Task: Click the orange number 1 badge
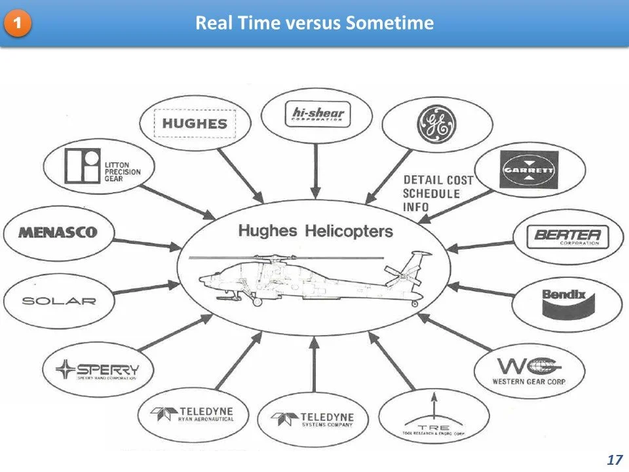click(x=18, y=24)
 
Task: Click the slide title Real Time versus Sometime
click(x=314, y=24)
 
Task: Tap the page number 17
click(x=614, y=460)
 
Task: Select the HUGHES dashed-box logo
click(x=195, y=123)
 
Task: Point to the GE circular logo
click(x=436, y=125)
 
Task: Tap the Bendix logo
click(x=564, y=302)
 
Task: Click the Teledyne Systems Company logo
click(x=316, y=420)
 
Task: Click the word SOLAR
click(x=59, y=302)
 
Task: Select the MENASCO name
click(x=58, y=232)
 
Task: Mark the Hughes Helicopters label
click(x=315, y=231)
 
